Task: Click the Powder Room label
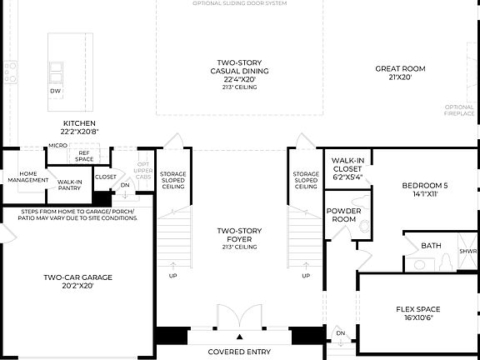pos(343,216)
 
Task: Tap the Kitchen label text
pos(79,127)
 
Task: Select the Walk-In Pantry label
pos(70,183)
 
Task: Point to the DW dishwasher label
pos(55,91)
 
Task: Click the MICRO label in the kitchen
pos(57,146)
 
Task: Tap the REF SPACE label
pos(84,156)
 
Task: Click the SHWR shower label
pos(468,251)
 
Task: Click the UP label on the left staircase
pos(172,276)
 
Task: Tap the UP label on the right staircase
pos(306,276)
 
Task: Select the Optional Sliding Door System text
pos(239,3)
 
